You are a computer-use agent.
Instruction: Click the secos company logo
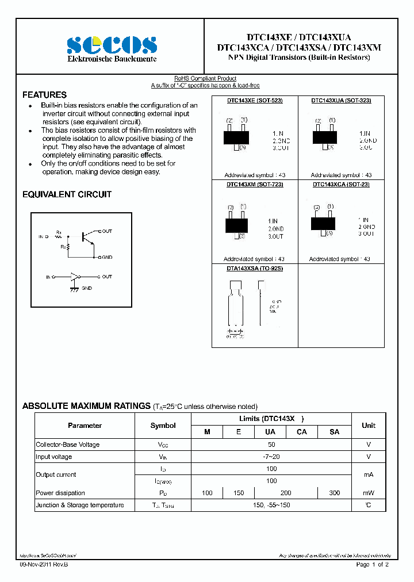pyautogui.click(x=112, y=45)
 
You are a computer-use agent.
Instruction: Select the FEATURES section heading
pyautogui.click(x=44, y=95)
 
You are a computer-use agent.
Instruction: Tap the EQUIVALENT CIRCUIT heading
pyautogui.click(x=67, y=194)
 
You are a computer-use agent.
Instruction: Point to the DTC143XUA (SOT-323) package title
pyautogui.click(x=341, y=100)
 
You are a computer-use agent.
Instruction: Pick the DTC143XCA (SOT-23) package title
pyautogui.click(x=341, y=184)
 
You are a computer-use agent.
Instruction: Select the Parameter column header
pyautogui.click(x=85, y=426)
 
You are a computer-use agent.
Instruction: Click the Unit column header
pyautogui.click(x=368, y=426)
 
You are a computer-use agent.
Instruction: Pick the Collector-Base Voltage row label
pyautogui.click(x=68, y=445)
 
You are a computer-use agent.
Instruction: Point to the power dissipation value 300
pyautogui.click(x=334, y=493)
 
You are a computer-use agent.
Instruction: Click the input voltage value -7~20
pyautogui.click(x=271, y=457)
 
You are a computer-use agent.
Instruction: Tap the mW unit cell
pyautogui.click(x=368, y=493)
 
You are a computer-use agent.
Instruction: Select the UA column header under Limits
pyautogui.click(x=270, y=432)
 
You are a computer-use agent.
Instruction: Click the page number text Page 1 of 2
pyautogui.click(x=372, y=565)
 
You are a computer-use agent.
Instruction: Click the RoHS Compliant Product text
pyautogui.click(x=205, y=78)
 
